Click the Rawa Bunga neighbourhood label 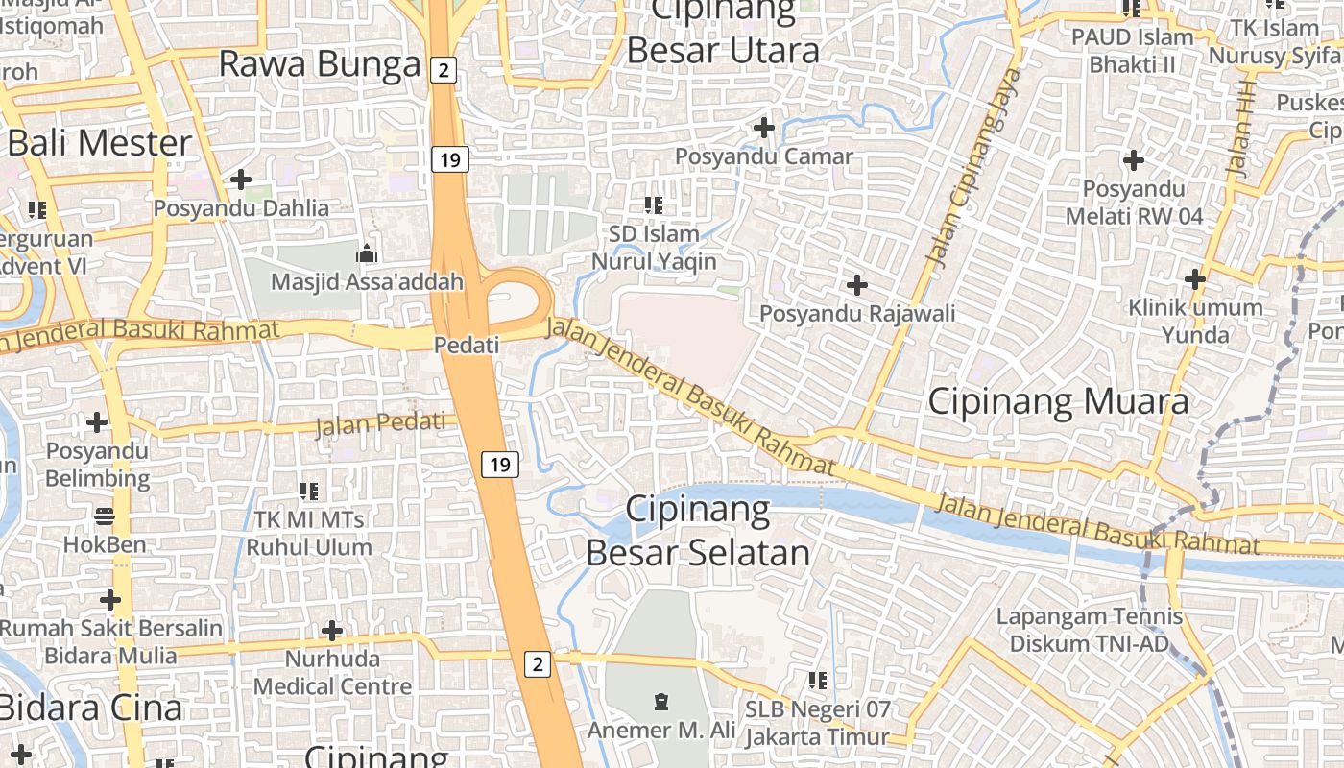pos(320,64)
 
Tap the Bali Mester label pos(99,143)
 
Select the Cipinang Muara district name pos(1058,401)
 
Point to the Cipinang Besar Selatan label pos(698,532)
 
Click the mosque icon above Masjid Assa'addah pos(367,254)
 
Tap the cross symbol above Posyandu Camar pos(764,127)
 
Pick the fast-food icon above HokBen pos(105,516)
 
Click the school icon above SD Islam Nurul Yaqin pos(654,204)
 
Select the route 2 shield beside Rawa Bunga pos(442,69)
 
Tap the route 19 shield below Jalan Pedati pos(499,466)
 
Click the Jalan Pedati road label pos(386,422)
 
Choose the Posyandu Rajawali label pos(857,313)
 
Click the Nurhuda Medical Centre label pos(332,673)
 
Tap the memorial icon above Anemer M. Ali pos(660,702)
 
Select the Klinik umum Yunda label pos(1195,321)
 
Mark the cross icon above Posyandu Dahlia pos(241,180)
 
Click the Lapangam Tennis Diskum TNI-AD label pos(1089,630)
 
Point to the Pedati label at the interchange pos(467,345)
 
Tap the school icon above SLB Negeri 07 pos(818,681)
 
